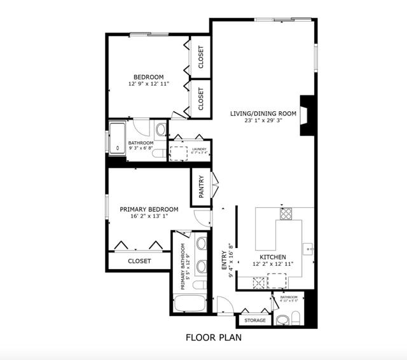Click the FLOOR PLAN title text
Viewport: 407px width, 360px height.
tap(213, 338)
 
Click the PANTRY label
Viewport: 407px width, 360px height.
tap(201, 187)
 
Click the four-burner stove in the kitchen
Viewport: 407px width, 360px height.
tap(286, 214)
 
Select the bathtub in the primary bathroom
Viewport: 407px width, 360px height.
tap(188, 303)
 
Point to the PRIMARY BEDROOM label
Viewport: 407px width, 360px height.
tap(149, 209)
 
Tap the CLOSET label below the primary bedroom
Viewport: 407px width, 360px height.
tap(139, 261)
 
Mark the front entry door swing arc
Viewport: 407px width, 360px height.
tap(224, 305)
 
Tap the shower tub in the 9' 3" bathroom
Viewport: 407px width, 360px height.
tap(117, 139)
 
